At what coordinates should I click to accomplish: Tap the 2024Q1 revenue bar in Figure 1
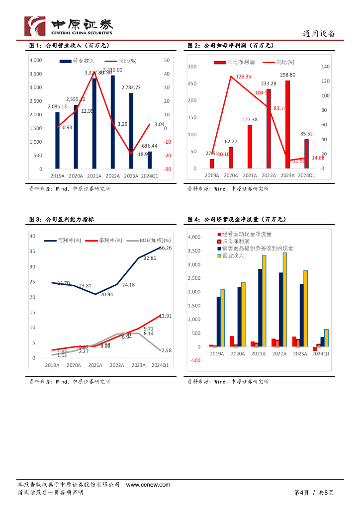pos(150,160)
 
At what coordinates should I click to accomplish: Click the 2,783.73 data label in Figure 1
pos(131,87)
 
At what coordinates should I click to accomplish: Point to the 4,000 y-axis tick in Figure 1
pos(36,61)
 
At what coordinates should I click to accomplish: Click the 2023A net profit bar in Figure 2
pos(287,124)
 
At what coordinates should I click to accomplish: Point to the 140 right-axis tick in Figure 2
pos(326,67)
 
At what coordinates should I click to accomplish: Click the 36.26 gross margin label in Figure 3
pos(165,248)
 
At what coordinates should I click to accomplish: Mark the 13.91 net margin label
pos(165,316)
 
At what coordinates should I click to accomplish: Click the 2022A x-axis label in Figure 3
pos(117,365)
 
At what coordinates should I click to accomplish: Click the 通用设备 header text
pos(319,34)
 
